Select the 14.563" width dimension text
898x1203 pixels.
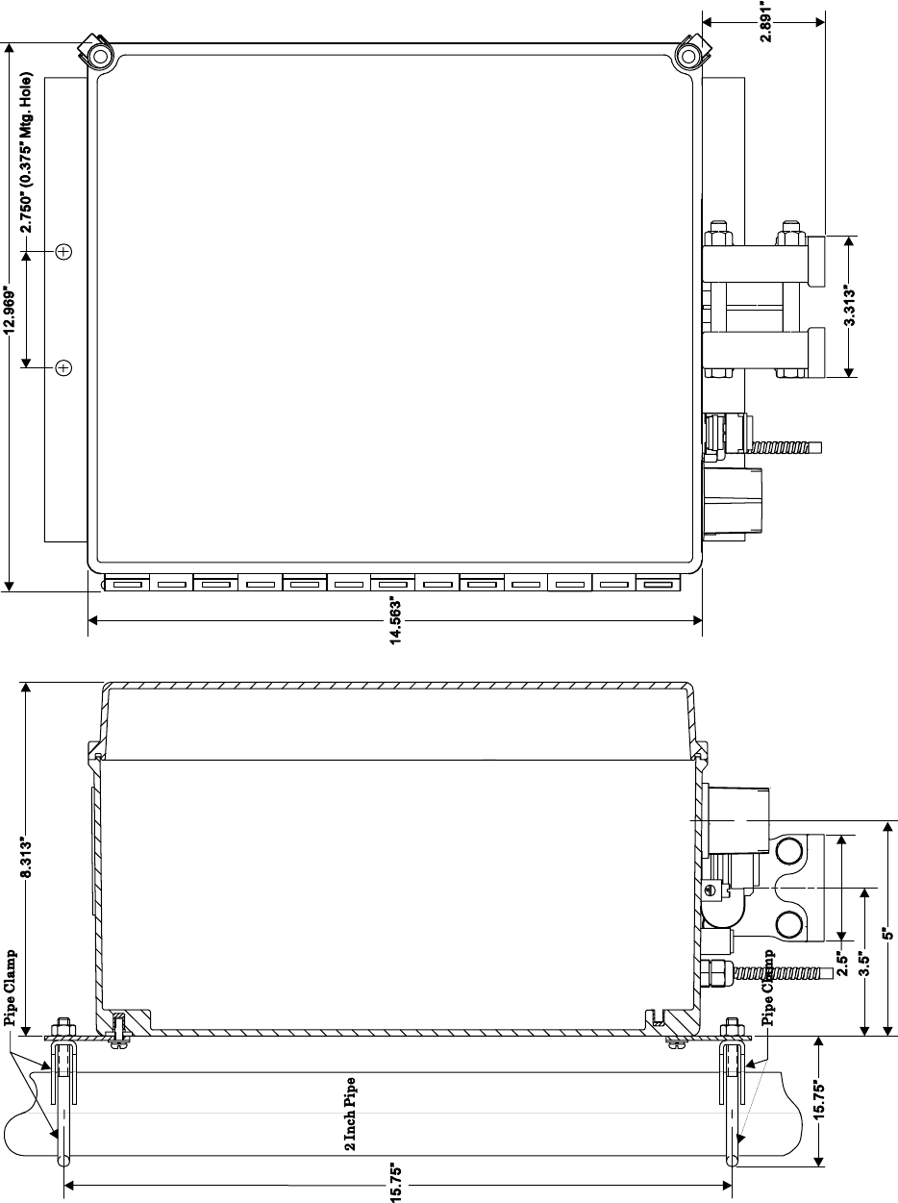396,621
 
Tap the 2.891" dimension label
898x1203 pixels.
766,21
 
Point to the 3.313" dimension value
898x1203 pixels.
850,305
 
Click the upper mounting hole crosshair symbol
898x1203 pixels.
64,251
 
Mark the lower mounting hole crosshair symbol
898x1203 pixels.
64,367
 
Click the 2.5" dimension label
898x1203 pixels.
842,964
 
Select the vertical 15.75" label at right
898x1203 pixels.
818,1099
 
